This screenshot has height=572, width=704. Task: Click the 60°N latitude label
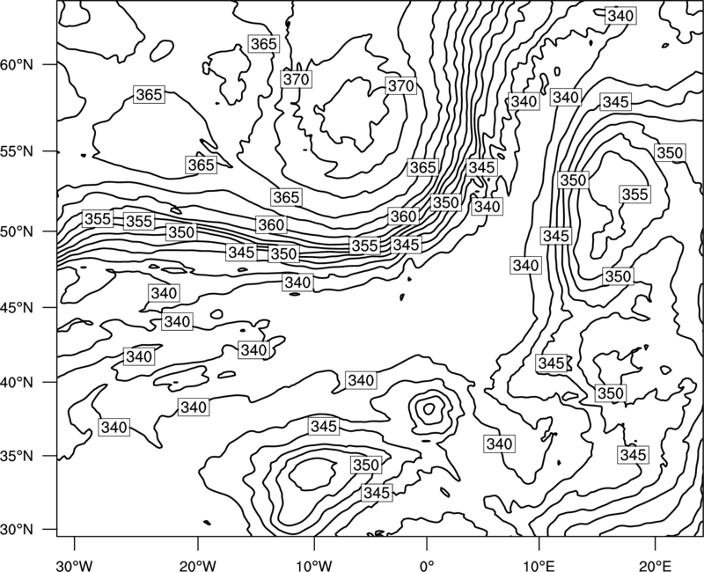17,64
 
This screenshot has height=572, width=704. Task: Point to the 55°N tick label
17,151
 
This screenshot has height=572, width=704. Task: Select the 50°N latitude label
17,231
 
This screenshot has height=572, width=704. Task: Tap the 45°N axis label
17,307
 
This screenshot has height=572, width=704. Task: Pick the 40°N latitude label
17,383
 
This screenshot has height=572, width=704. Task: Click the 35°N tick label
17,456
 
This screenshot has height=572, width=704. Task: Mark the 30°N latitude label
17,530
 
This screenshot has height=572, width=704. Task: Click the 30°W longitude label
75,565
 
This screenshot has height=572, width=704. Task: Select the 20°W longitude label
198,565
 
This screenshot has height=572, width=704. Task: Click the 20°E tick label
655,565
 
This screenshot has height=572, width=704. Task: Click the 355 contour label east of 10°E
634,194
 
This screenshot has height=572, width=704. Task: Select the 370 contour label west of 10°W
297,79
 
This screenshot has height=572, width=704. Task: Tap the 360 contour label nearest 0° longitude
403,216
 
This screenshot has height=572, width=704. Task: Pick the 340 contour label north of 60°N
620,16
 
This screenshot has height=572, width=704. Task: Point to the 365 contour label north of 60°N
263,44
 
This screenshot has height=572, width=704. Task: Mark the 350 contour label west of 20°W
181,232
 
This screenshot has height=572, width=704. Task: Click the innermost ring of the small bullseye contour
429,408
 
